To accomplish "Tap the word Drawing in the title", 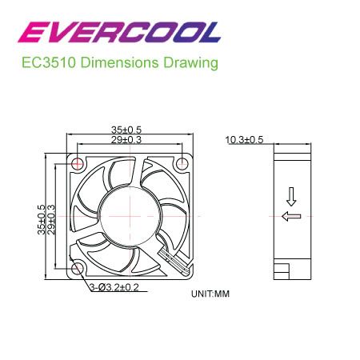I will tap(192, 62).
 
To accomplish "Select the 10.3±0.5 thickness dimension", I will tap(244, 140).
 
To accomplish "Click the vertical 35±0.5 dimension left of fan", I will tap(42, 217).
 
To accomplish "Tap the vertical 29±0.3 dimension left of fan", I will tap(52, 217).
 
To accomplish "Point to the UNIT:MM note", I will tap(210, 294).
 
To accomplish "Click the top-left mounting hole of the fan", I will tap(78, 164).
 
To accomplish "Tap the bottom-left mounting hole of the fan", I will tap(78, 269).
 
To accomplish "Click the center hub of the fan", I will tap(131, 216).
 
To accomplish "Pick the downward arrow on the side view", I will tap(291, 195).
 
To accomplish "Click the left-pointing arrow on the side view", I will tap(291, 216).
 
